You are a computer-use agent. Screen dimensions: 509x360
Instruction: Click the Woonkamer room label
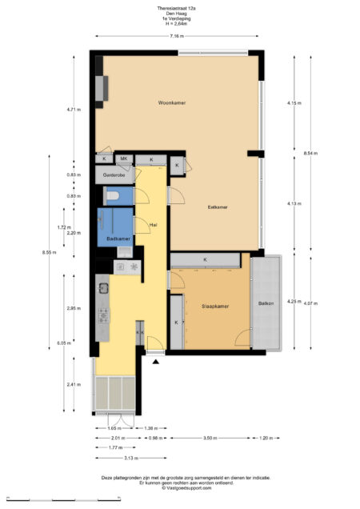click(x=172, y=102)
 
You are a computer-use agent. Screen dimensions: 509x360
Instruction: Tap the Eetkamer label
click(x=218, y=206)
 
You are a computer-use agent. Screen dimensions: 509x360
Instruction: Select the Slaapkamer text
click(x=215, y=306)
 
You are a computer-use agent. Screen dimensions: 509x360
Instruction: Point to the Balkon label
click(x=266, y=303)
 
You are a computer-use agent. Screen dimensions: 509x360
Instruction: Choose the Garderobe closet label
click(x=115, y=175)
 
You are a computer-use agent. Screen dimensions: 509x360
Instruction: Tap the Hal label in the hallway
click(x=153, y=225)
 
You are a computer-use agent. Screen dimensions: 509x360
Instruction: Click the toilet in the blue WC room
click(x=113, y=195)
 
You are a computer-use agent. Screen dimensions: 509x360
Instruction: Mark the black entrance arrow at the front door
click(x=154, y=361)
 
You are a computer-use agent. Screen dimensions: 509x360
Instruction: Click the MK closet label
click(x=124, y=159)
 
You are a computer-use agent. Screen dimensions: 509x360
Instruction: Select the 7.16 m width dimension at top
click(x=176, y=37)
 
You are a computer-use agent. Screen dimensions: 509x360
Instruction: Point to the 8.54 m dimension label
click(x=310, y=153)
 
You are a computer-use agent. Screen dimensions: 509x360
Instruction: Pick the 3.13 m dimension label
click(x=118, y=458)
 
